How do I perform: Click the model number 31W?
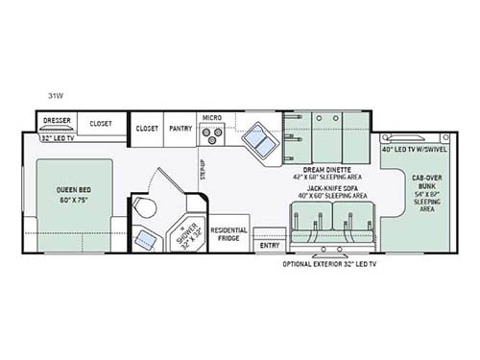coord(57,95)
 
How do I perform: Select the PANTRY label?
coord(180,127)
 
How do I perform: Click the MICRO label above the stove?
coord(211,118)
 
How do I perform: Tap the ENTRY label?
coord(269,244)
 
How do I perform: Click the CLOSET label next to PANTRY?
coord(147,127)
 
